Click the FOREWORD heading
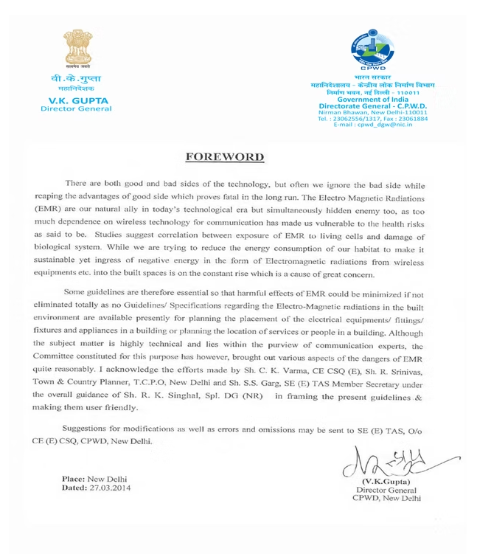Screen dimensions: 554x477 tap(223, 157)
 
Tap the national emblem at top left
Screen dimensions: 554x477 tap(75, 50)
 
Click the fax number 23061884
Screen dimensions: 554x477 tap(413, 118)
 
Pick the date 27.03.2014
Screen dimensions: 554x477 tap(104, 488)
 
